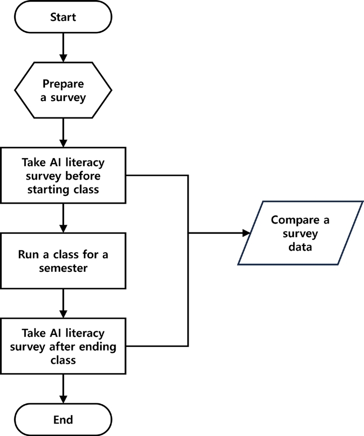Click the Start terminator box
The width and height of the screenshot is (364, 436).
(x=63, y=18)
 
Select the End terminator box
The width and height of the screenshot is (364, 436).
(x=63, y=419)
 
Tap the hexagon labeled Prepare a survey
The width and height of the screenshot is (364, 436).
(x=63, y=90)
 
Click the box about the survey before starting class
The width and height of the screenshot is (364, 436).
(x=63, y=175)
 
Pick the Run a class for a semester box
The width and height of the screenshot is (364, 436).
(x=63, y=261)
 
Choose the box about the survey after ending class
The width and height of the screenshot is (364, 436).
(x=63, y=346)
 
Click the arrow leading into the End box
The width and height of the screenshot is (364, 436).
(x=63, y=389)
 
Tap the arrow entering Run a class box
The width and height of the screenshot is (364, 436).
(x=63, y=218)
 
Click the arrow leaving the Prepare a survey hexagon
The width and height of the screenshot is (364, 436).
(x=63, y=132)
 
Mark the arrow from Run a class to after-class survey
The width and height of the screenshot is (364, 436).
(x=63, y=303)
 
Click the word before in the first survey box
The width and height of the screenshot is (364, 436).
(x=84, y=175)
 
